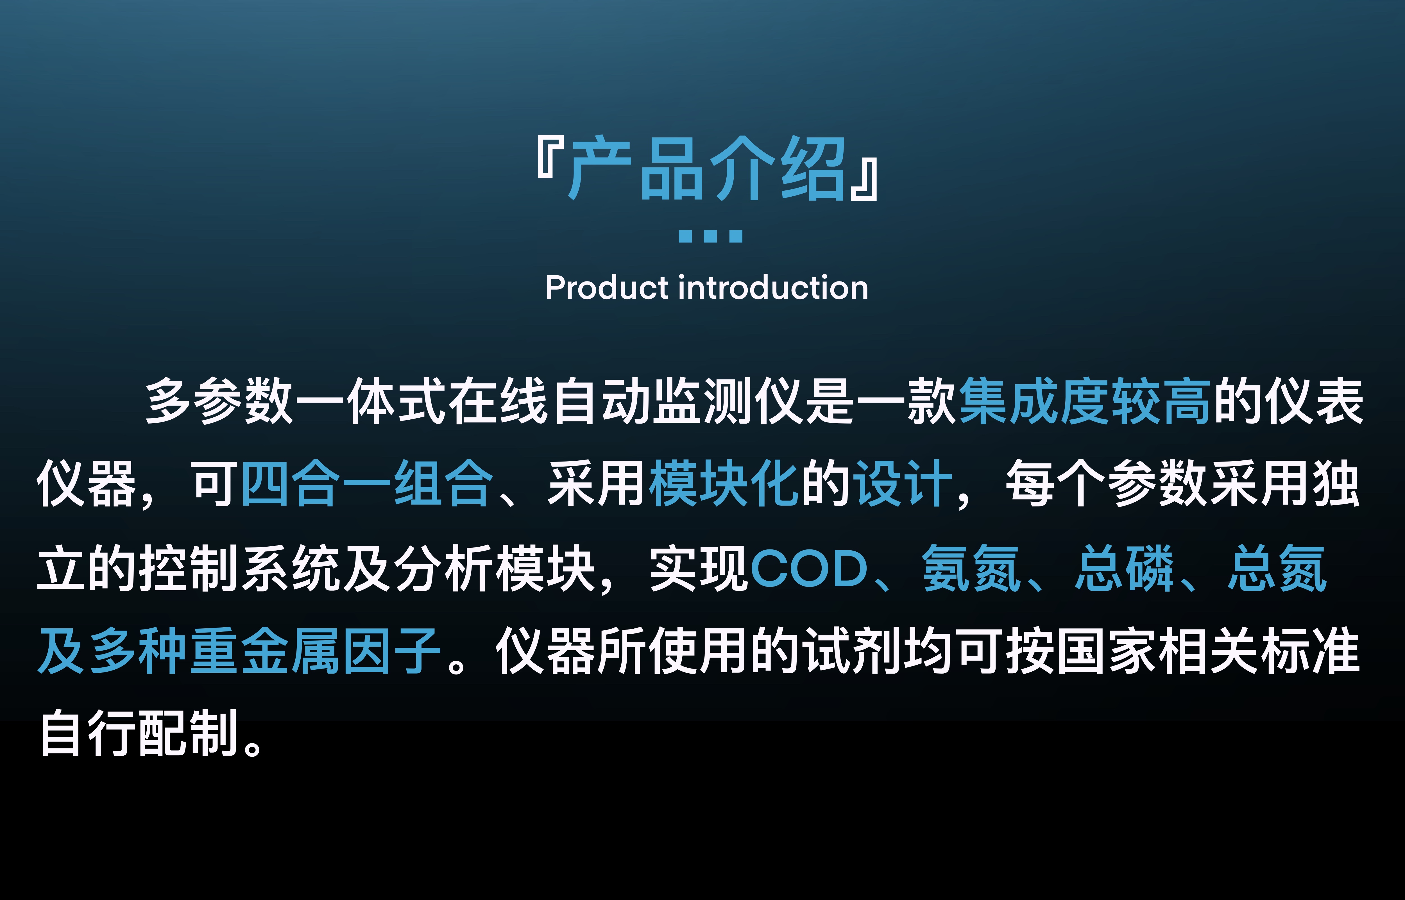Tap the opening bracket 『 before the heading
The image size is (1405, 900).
click(x=550, y=158)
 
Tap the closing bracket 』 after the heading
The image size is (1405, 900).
click(x=864, y=180)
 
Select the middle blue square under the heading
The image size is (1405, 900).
click(x=711, y=236)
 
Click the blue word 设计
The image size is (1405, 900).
click(x=903, y=484)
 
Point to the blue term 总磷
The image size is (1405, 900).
click(x=1125, y=568)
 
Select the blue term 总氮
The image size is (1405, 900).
click(x=1277, y=568)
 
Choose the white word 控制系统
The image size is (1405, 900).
click(x=240, y=568)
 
